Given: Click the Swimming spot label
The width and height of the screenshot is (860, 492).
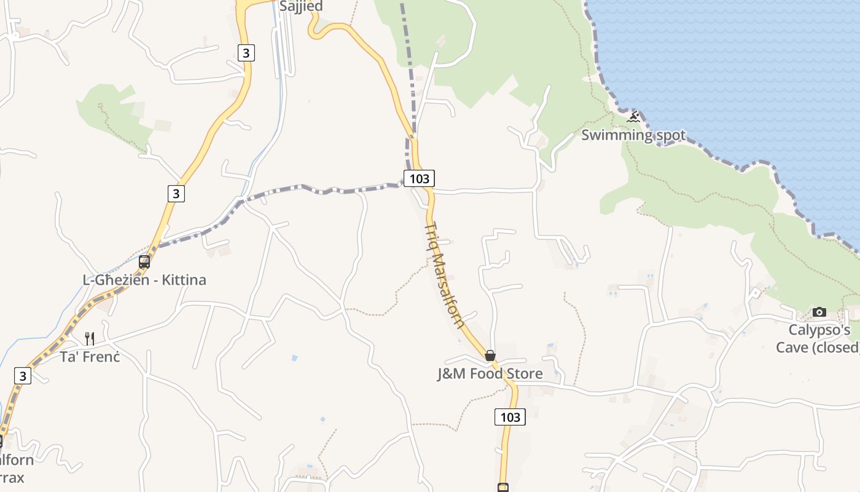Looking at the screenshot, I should pos(633,135).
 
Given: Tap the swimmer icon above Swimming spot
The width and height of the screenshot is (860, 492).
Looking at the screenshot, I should pos(633,116).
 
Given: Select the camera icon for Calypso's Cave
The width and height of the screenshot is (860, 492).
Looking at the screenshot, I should pos(819,312).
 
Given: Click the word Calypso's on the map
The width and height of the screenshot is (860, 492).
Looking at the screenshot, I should pos(819,330).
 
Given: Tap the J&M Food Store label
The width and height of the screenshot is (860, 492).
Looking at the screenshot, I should pos(490,373).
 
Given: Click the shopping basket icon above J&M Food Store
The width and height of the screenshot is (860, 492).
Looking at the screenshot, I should pos(490,355).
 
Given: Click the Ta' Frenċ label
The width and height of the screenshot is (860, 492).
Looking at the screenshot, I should pos(90,356).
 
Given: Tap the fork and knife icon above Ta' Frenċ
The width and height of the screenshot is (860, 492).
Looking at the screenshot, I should pos(90,338).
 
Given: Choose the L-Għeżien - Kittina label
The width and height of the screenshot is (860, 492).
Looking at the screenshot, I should pos(144,280).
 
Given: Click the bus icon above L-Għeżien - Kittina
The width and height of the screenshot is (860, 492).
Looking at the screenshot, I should pos(144,262).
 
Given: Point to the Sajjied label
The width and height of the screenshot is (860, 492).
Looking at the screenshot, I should pos(301,7).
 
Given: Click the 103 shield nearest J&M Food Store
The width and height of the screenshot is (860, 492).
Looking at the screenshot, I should pos(510,417).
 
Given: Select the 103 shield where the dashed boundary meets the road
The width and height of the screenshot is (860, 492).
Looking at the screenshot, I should pos(419,178).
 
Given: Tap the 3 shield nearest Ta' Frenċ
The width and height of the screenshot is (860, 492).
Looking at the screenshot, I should pos(23,375).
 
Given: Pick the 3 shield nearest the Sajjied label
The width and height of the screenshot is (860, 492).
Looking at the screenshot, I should pos(246,53).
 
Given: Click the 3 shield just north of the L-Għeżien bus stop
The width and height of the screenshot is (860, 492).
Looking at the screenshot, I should pos(176,193).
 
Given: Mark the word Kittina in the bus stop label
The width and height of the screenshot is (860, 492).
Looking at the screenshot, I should pos(184,280).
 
